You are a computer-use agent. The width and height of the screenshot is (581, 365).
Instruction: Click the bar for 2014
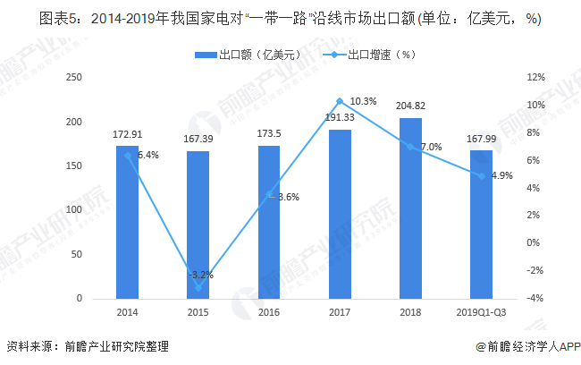[127, 222]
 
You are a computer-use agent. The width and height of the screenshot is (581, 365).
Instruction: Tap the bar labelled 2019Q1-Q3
[481, 224]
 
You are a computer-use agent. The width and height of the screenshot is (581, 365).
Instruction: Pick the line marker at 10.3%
[340, 101]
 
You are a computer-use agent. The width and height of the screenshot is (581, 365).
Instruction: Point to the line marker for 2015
[198, 287]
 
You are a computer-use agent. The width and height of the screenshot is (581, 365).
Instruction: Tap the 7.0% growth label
[430, 147]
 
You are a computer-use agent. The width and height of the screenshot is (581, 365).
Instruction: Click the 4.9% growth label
[501, 175]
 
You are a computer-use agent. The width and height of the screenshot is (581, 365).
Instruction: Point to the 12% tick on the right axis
[536, 78]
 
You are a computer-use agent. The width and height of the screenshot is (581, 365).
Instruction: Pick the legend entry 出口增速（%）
[375, 55]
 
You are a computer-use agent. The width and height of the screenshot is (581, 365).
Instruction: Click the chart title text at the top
[290, 17]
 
